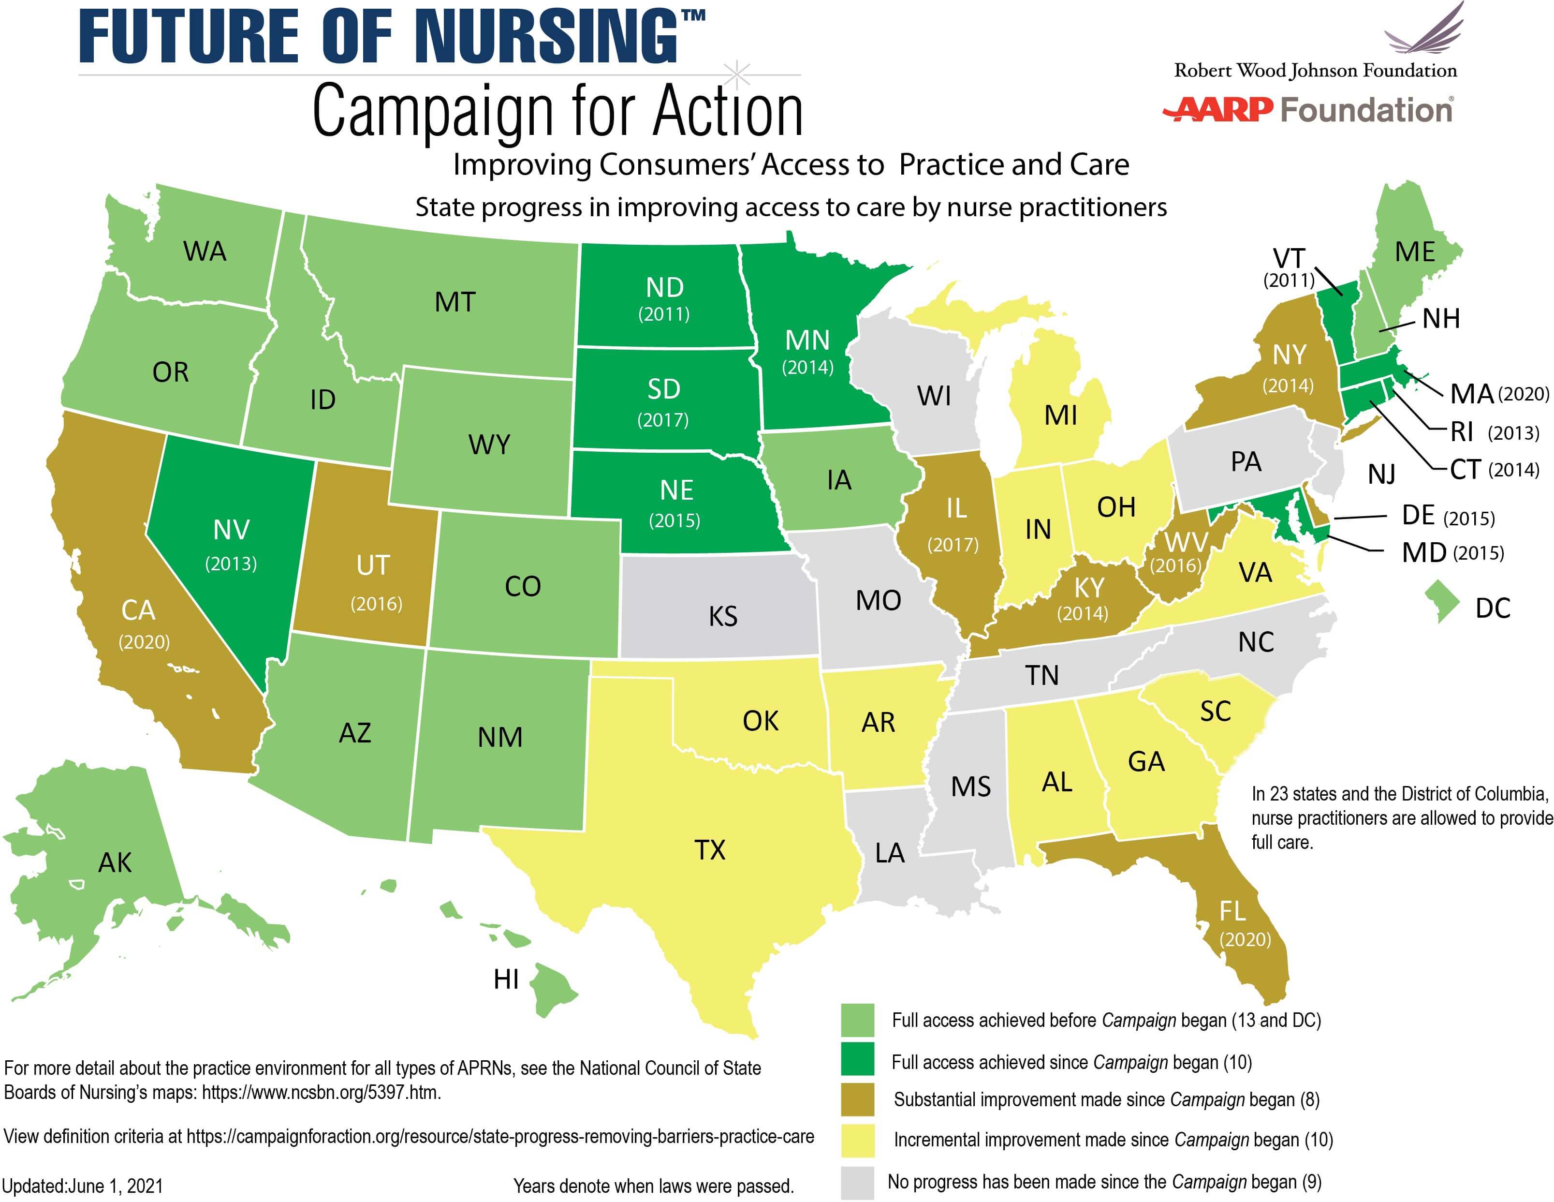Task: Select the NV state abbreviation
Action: click(231, 530)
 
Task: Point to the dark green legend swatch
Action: click(857, 1060)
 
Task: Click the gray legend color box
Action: click(857, 1182)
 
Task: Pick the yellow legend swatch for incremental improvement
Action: click(857, 1141)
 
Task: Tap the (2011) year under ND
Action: click(664, 314)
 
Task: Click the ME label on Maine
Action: click(1415, 252)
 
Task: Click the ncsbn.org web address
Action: click(320, 1092)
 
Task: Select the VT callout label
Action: click(1289, 258)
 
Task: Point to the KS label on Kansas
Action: click(723, 616)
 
